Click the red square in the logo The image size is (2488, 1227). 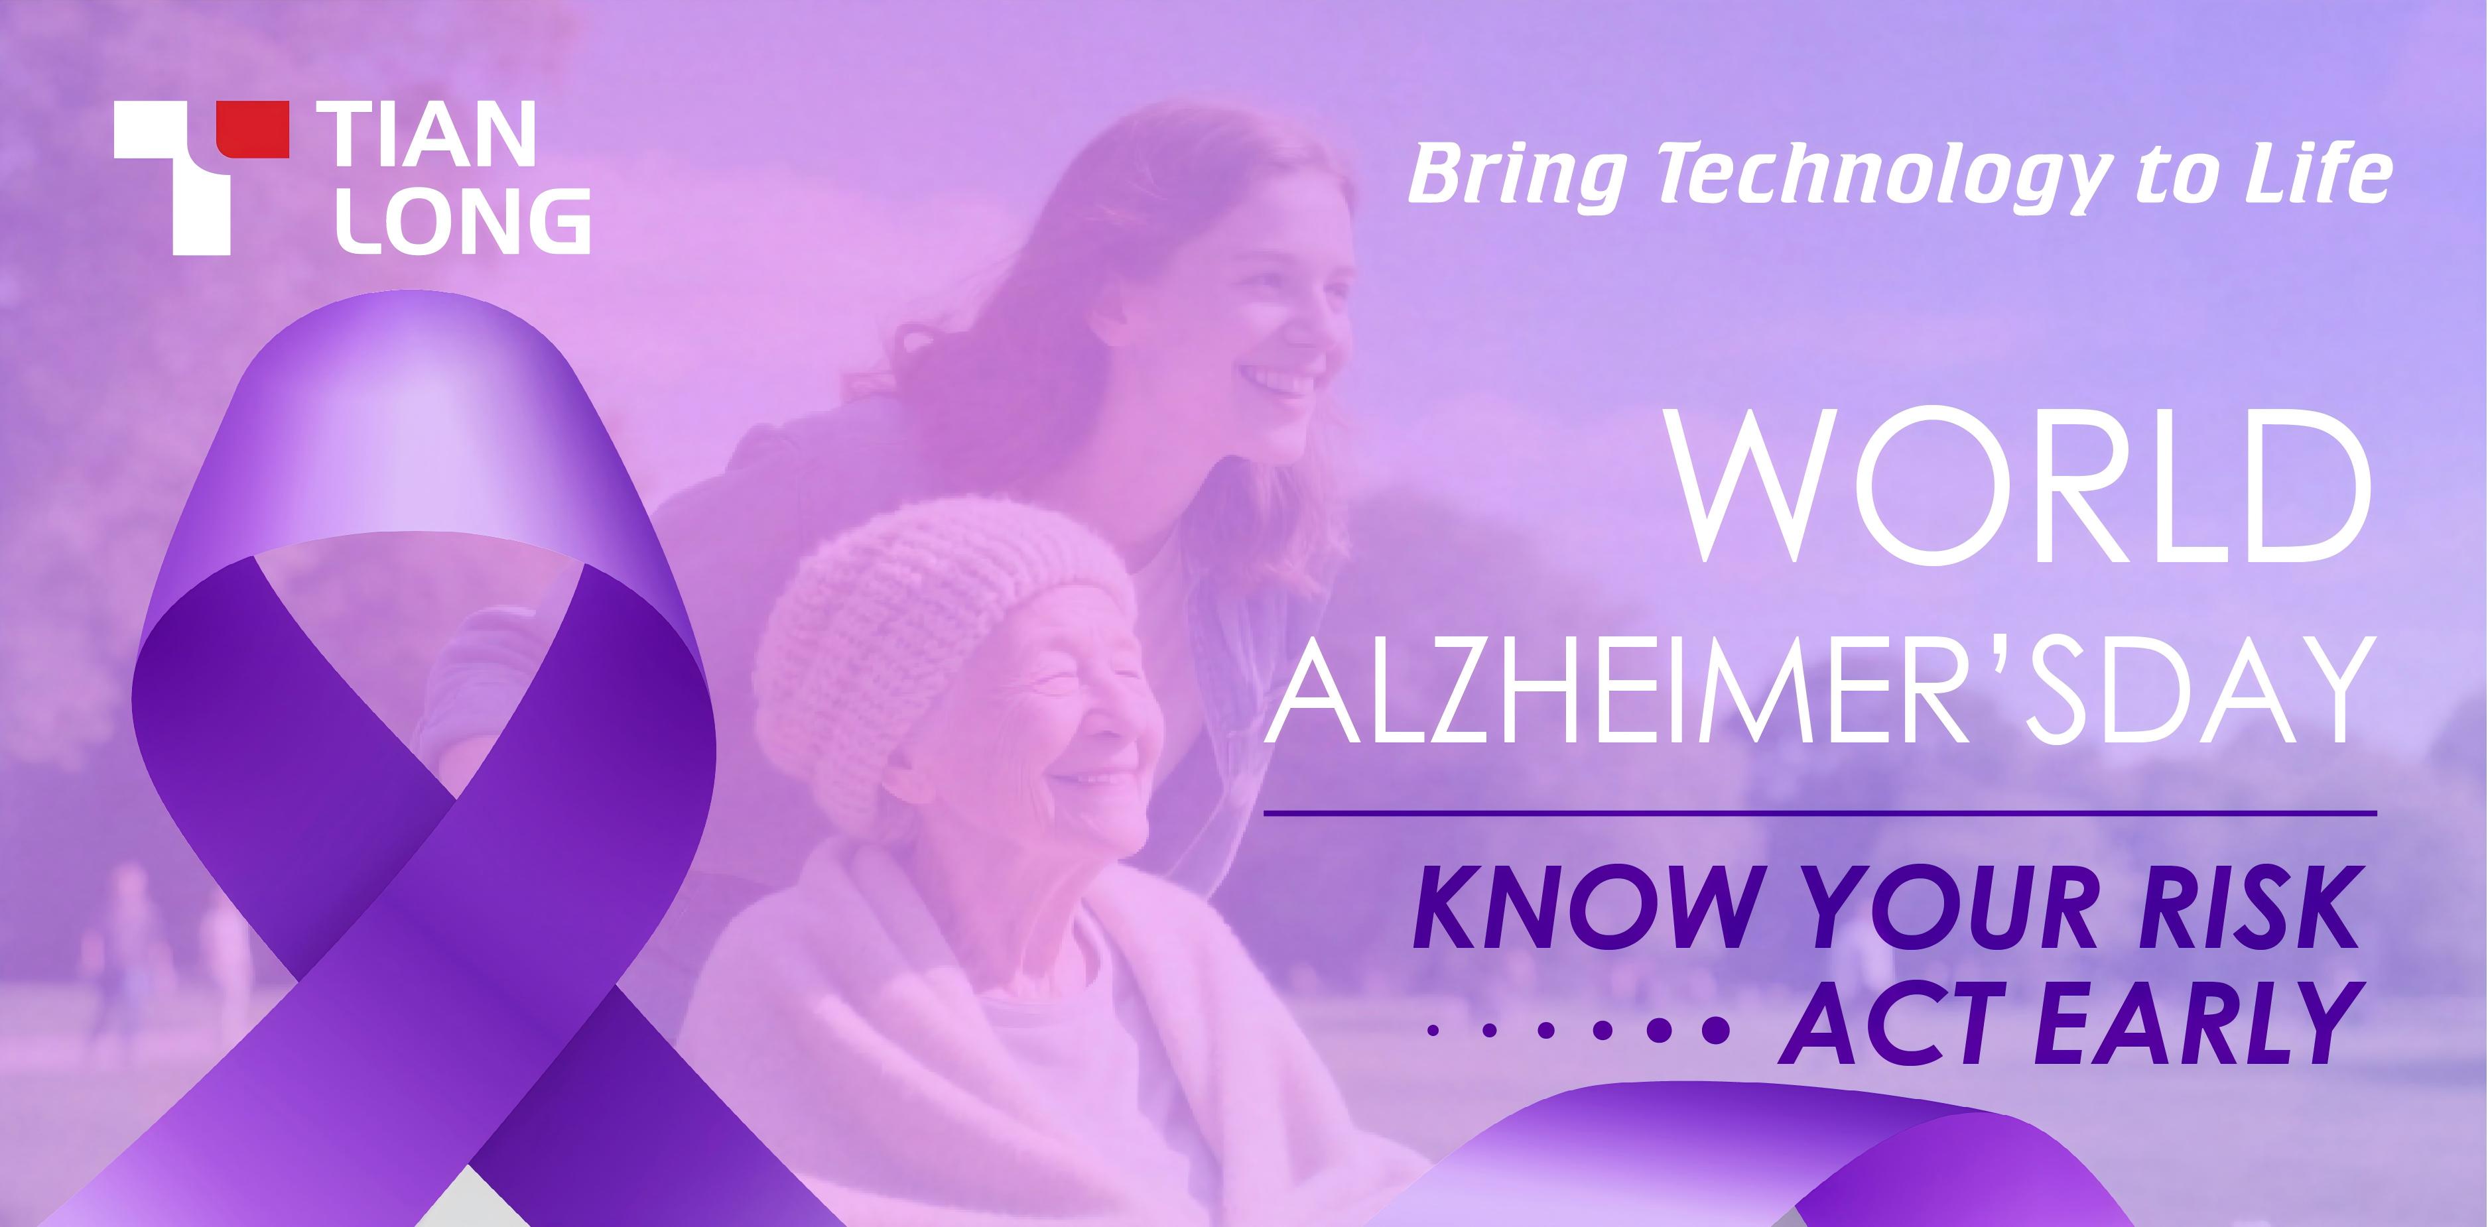[x=252, y=129]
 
